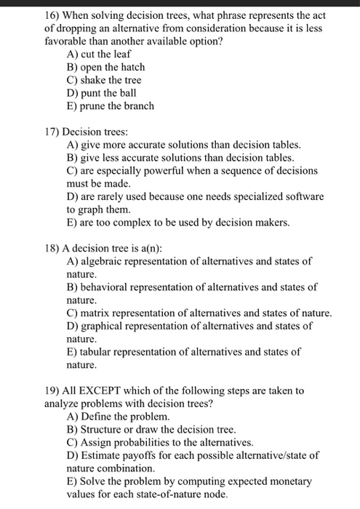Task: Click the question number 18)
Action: (52, 249)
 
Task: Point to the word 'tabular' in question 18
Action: (97, 353)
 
